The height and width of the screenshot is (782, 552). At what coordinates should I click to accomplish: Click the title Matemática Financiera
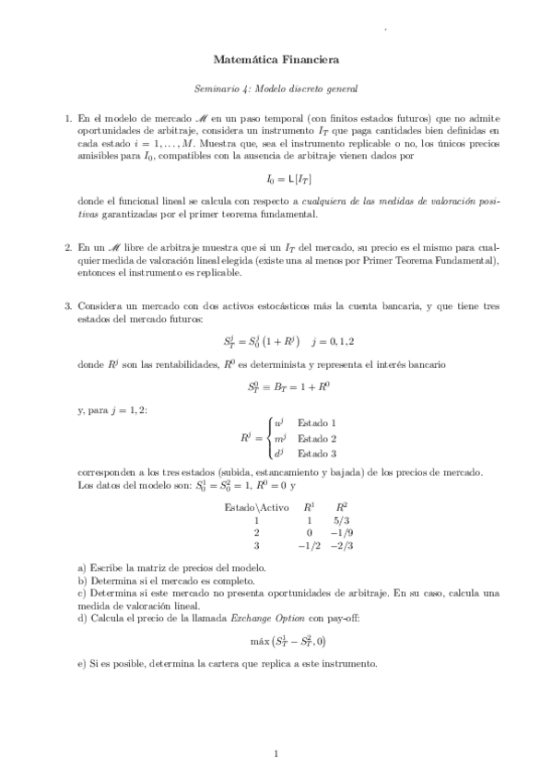point(276,60)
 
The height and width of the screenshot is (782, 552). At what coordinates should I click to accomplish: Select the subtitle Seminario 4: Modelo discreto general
point(276,89)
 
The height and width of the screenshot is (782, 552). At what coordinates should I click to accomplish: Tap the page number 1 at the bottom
point(276,754)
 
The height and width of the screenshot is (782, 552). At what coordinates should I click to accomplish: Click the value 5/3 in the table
point(342,520)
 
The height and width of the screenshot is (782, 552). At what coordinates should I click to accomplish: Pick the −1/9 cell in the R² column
point(340,532)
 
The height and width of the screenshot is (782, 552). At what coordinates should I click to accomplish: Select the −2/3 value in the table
point(340,545)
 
